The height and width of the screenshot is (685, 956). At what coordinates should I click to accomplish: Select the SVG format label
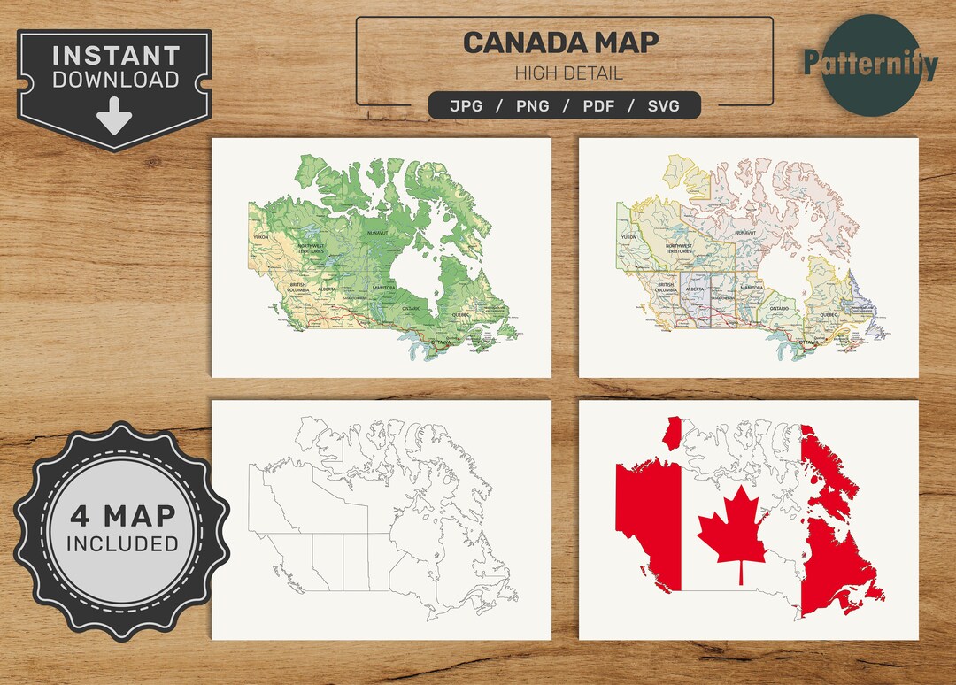coord(663,106)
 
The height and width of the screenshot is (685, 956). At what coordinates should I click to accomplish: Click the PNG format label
coord(533,106)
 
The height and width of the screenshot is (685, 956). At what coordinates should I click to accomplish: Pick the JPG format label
coord(467,106)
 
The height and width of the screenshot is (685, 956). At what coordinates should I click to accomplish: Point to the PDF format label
coord(598,106)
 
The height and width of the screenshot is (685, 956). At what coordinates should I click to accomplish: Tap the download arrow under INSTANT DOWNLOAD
coord(115,116)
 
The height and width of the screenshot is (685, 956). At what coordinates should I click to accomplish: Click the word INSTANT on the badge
coord(115,56)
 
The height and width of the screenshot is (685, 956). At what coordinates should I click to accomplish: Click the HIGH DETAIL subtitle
coord(568,73)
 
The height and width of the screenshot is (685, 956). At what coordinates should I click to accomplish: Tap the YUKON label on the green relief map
coord(259,238)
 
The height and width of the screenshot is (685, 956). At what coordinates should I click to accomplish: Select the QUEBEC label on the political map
coord(829,314)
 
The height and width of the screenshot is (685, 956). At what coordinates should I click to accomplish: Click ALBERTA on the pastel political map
coord(695,289)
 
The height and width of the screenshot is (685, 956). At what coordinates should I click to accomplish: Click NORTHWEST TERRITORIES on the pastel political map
coord(679,250)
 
